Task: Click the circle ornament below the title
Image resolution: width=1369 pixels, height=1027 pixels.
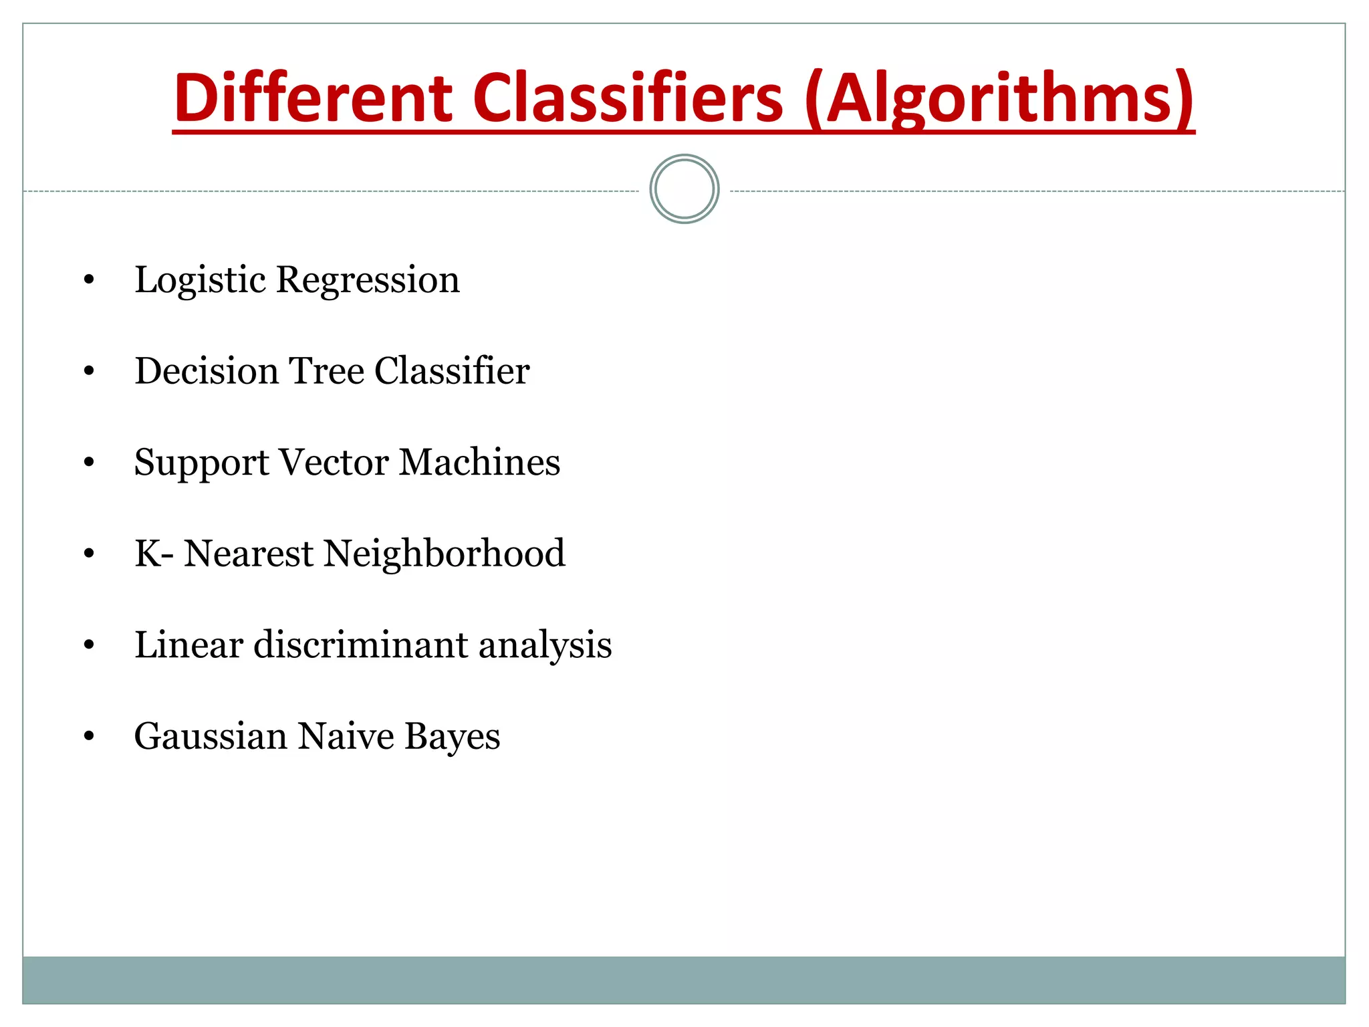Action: click(684, 189)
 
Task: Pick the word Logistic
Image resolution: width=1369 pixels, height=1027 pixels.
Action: click(201, 280)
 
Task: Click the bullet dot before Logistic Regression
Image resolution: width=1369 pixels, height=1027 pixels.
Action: click(89, 280)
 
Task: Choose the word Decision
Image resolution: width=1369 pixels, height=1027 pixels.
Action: click(207, 370)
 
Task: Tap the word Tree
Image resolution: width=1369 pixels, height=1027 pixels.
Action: click(326, 370)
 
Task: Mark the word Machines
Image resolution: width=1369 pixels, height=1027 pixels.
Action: click(479, 462)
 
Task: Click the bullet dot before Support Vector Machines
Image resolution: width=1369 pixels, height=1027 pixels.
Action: click(89, 463)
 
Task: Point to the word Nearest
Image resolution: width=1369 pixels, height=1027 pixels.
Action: click(248, 554)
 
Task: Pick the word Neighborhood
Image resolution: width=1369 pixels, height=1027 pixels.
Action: click(445, 554)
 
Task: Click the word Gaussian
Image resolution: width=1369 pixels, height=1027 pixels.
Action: click(211, 736)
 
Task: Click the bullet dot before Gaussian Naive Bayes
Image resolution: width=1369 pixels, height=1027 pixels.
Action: click(89, 736)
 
